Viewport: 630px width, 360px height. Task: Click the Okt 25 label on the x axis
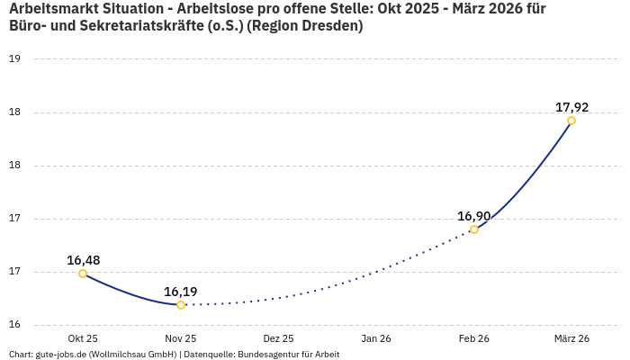pos(83,338)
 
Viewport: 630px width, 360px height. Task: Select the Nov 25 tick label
pos(181,338)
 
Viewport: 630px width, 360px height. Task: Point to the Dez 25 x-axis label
pos(278,338)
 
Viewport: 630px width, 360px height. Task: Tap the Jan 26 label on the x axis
pos(376,338)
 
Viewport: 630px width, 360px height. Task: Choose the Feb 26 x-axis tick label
pos(473,338)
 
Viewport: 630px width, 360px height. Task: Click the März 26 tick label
pos(571,338)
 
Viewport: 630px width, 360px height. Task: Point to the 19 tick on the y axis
pos(14,59)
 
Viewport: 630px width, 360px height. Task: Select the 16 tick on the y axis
pos(14,325)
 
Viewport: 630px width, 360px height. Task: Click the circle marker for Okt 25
pos(83,274)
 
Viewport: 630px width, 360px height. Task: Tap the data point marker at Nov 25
pos(181,305)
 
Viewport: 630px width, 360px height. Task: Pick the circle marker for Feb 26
pos(474,229)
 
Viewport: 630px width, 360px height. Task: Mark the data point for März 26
pos(571,121)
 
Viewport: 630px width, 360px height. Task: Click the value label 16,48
pos(83,260)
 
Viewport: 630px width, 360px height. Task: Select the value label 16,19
pos(181,292)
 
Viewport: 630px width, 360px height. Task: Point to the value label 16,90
pos(474,216)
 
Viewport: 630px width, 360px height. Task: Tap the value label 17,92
pos(571,107)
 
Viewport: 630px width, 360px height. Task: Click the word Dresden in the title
pos(332,26)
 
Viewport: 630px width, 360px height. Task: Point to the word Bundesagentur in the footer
pos(265,355)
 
